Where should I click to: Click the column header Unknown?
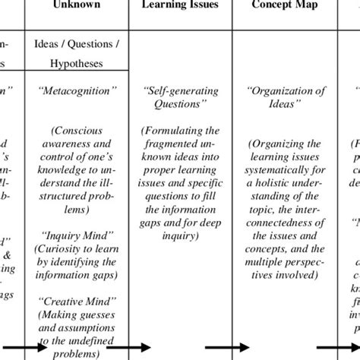[x=76, y=5]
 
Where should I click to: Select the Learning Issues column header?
[x=182, y=5]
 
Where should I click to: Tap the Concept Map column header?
[x=287, y=5]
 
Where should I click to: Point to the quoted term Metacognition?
[x=76, y=90]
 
